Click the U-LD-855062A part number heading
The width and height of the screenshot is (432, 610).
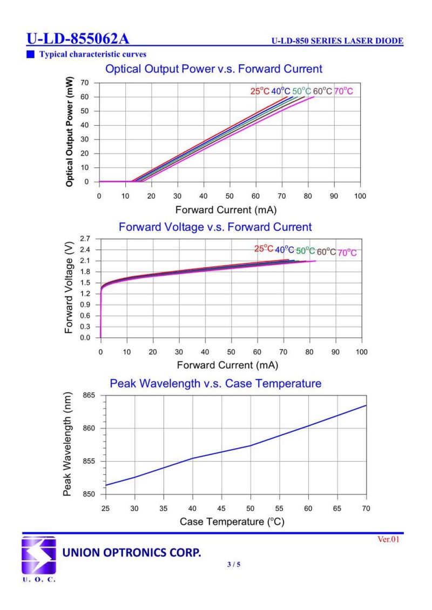tap(78, 39)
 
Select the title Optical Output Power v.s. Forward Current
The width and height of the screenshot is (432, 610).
tap(214, 69)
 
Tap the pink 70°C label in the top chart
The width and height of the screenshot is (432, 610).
tap(343, 91)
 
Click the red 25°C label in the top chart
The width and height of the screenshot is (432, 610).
tap(259, 91)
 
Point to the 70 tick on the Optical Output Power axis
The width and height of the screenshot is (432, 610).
tap(85, 83)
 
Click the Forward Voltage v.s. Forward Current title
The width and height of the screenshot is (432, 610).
tap(215, 227)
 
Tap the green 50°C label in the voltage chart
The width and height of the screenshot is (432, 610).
tap(305, 251)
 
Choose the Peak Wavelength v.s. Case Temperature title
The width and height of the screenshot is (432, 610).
tap(215, 384)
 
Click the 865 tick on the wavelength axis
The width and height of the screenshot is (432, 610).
tap(89, 396)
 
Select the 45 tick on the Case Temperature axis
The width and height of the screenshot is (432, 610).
tap(221, 508)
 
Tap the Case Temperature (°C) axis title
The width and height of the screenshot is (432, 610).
tap(232, 522)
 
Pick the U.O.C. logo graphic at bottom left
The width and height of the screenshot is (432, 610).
tap(38, 557)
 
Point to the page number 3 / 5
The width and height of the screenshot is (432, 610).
tap(234, 565)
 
